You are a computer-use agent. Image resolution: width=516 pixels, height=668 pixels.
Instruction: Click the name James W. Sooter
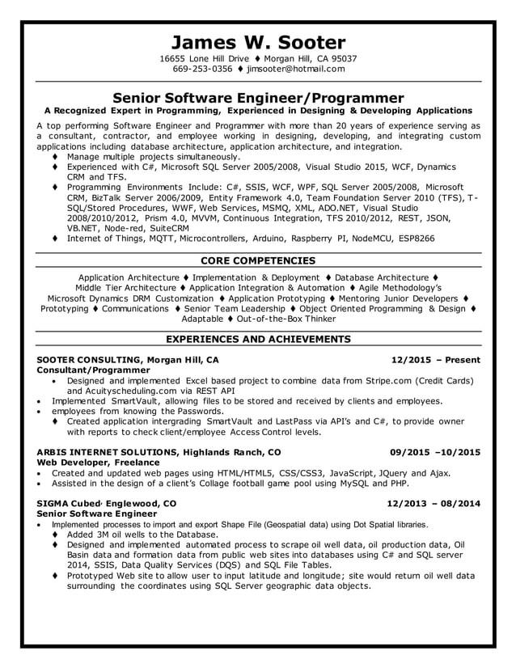click(x=258, y=42)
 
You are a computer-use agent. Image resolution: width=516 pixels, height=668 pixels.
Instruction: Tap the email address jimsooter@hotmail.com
click(x=295, y=70)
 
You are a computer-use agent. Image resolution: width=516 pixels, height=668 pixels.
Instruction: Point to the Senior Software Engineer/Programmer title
click(x=258, y=98)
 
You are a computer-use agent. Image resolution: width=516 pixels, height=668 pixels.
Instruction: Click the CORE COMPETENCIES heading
click(x=258, y=261)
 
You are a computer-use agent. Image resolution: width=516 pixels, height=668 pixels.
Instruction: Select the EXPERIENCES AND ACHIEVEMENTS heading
click(x=258, y=339)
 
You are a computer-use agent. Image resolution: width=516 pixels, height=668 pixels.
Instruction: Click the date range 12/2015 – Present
click(x=435, y=360)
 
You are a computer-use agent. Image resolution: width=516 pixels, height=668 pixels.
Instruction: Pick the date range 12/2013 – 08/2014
click(x=434, y=503)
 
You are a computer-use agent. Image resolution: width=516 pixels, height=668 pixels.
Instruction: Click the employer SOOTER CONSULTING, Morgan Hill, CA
click(x=128, y=360)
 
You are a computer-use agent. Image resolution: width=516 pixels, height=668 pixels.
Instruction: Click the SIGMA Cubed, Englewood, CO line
click(x=107, y=503)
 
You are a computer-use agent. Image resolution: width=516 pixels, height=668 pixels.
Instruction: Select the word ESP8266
click(x=410, y=239)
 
